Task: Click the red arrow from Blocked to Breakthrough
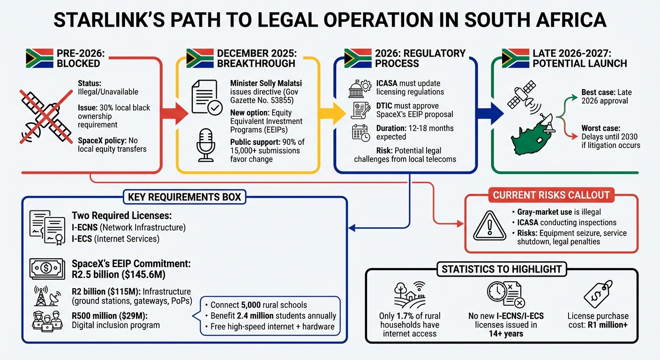[175, 112]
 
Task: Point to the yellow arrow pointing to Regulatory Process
[336, 113]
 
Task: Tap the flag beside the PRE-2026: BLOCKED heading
[37, 58]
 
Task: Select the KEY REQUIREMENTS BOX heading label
[185, 197]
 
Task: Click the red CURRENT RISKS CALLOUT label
[551, 195]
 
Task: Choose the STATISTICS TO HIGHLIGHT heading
[501, 269]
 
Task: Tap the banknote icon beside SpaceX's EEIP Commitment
[47, 269]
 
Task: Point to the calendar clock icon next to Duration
[361, 133]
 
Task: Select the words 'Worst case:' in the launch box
[601, 127]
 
